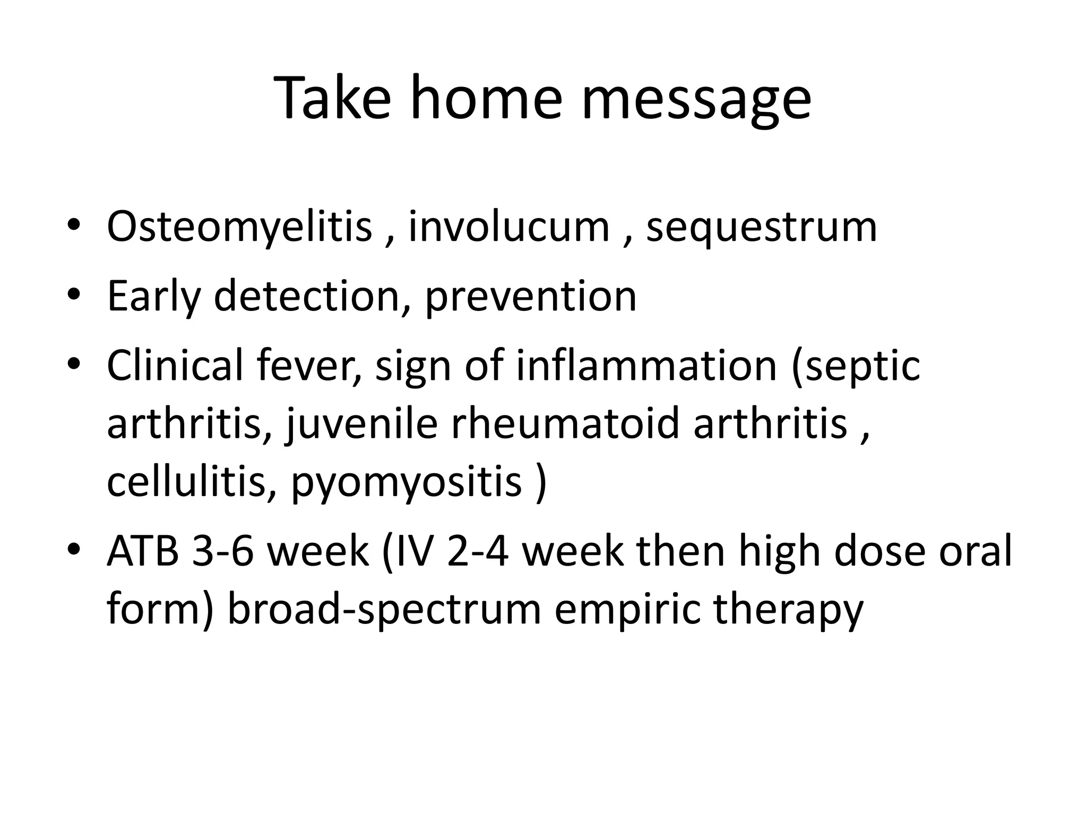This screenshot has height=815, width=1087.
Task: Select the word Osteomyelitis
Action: (239, 227)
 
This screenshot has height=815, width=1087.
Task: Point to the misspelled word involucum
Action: (508, 227)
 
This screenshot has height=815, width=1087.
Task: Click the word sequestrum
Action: (761, 227)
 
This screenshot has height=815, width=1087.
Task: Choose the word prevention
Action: (530, 296)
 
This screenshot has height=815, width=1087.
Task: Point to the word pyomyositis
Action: (407, 482)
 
